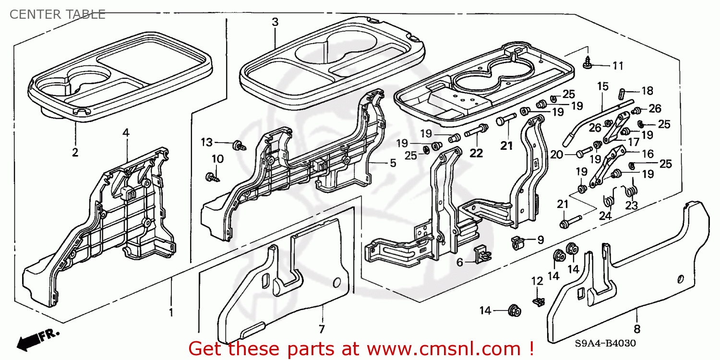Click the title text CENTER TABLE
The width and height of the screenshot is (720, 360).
tap(57, 14)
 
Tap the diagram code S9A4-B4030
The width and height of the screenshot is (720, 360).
tap(606, 344)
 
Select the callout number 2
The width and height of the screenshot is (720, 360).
tap(75, 153)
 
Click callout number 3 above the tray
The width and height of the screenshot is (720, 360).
tap(275, 22)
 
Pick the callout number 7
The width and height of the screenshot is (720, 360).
tap(321, 329)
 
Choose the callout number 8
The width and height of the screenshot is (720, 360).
tap(637, 329)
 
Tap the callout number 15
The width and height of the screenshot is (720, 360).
tap(602, 86)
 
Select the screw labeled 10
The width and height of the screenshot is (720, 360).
tap(211, 177)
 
